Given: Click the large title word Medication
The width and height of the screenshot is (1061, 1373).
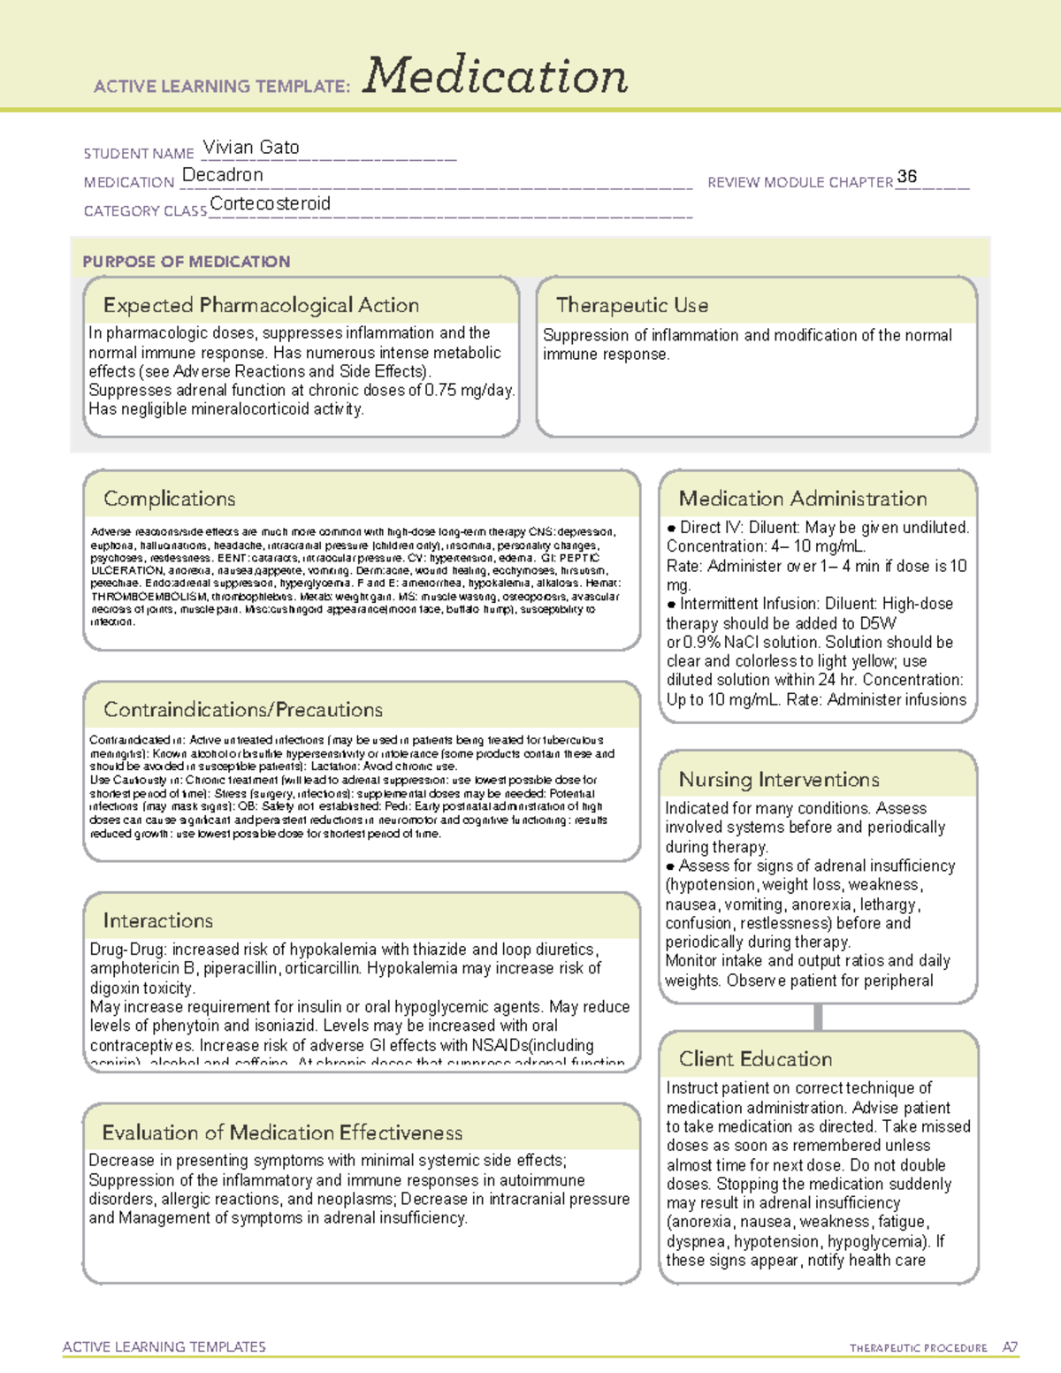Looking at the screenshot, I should [x=495, y=76].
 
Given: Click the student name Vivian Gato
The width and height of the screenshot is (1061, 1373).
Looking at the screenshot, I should [x=251, y=148].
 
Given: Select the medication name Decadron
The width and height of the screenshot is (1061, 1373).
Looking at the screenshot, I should [x=223, y=175].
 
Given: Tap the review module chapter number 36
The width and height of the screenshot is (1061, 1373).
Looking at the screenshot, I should [x=906, y=177].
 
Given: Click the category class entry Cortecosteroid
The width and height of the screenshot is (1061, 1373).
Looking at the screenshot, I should [x=271, y=203].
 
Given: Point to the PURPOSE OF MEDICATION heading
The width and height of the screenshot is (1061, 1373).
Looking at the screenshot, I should [x=187, y=262].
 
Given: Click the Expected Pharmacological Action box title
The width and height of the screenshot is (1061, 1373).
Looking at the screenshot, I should [x=261, y=305].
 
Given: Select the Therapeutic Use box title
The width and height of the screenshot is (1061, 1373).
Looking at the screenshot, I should [x=632, y=305].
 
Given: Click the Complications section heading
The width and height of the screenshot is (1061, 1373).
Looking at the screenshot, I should [x=170, y=499].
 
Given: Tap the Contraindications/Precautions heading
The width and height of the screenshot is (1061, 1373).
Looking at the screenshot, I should [x=243, y=710].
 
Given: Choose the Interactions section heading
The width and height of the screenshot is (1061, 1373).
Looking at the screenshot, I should [x=158, y=921].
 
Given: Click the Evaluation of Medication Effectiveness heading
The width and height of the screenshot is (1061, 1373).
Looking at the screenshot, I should [x=282, y=1133].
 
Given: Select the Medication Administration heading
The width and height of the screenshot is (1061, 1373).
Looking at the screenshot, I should [x=803, y=499].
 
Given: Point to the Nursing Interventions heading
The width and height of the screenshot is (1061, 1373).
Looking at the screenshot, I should [x=779, y=780].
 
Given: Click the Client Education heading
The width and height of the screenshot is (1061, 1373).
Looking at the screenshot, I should [x=756, y=1059].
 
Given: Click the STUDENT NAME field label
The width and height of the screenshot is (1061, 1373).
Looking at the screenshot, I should [x=139, y=154].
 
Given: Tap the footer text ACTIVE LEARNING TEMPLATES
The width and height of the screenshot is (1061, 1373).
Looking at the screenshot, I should [x=164, y=1346].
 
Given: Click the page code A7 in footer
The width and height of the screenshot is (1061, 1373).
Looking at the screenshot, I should [x=1010, y=1347].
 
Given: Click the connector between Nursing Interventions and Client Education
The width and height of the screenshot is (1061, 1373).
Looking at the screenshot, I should [x=818, y=1017].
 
